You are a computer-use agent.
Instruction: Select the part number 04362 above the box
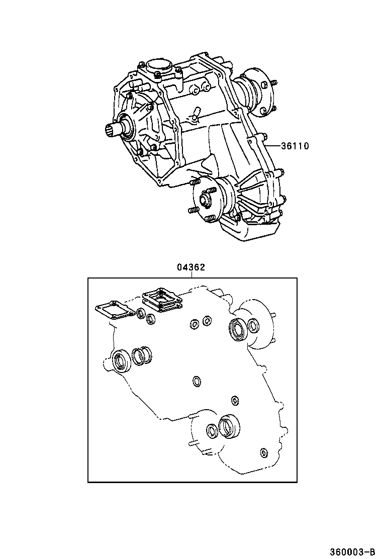click(190, 267)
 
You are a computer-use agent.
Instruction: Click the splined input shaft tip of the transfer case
click(112, 132)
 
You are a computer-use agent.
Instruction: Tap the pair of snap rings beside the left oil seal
click(142, 356)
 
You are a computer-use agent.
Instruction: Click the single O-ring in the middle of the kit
click(197, 382)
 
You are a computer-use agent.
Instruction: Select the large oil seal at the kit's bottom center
click(229, 426)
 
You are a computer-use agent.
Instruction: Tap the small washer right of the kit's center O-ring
click(235, 400)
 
